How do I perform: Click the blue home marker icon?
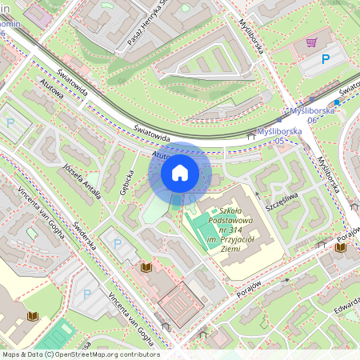tap(180, 171)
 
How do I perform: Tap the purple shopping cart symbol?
tap(310, 42)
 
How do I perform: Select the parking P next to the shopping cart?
tap(326, 59)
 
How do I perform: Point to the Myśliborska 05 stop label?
tap(271, 136)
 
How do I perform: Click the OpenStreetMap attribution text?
tap(80, 354)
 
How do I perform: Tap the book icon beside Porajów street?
tap(342, 248)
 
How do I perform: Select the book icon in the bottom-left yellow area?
tap(33, 317)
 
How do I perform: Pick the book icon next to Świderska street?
tap(146, 266)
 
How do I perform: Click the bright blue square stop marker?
tap(338, 102)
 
